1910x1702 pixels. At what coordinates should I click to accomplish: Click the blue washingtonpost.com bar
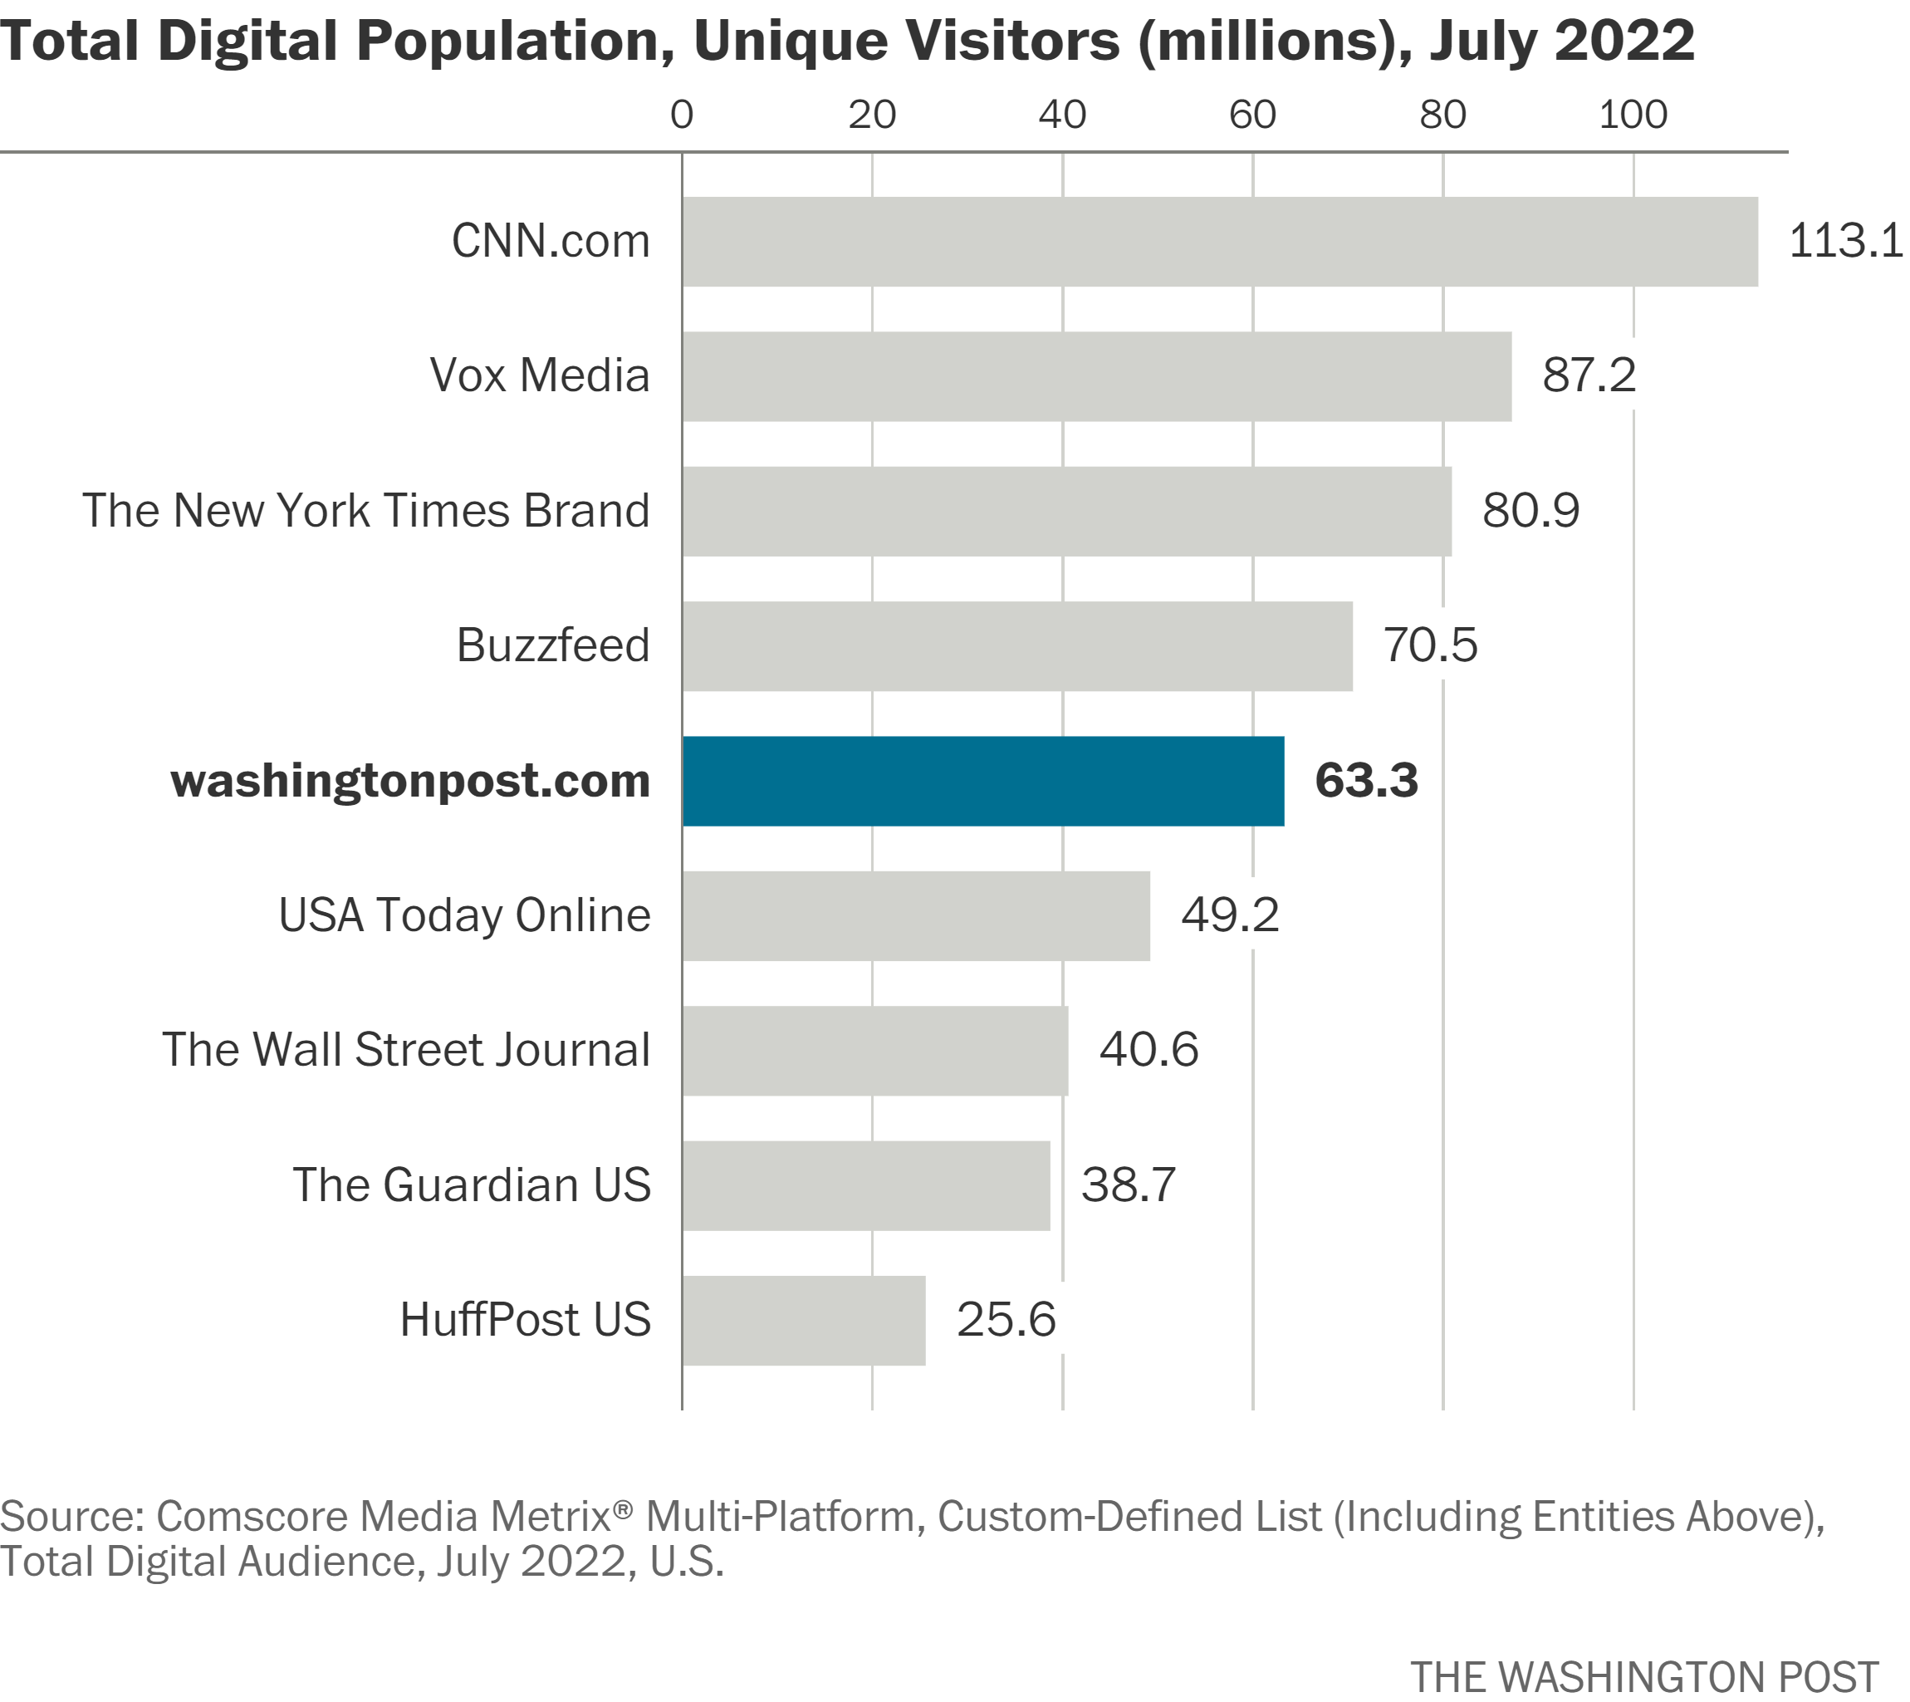coord(982,781)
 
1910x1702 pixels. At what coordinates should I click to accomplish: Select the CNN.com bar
coord(1219,241)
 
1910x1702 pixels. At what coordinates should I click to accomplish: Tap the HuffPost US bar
coord(803,1321)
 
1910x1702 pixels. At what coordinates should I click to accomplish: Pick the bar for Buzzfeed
coord(1016,646)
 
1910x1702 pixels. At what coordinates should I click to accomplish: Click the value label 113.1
coord(1844,241)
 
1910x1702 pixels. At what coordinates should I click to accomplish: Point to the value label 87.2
coord(1589,376)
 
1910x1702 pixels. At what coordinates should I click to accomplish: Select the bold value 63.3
coord(1365,781)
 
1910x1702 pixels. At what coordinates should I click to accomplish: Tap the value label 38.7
coord(1128,1186)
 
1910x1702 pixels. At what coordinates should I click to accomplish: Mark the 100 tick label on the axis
coord(1633,115)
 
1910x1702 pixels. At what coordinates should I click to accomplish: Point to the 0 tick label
coord(682,115)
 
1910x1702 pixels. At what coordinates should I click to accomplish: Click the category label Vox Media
coord(540,376)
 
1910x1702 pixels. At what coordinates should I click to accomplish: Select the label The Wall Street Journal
coord(406,1050)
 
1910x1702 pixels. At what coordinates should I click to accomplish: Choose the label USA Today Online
coord(463,915)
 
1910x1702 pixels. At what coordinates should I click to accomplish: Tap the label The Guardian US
coord(471,1186)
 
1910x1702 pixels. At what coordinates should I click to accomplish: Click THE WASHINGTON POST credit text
coord(1643,1677)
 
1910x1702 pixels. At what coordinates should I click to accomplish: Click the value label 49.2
coord(1228,915)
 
